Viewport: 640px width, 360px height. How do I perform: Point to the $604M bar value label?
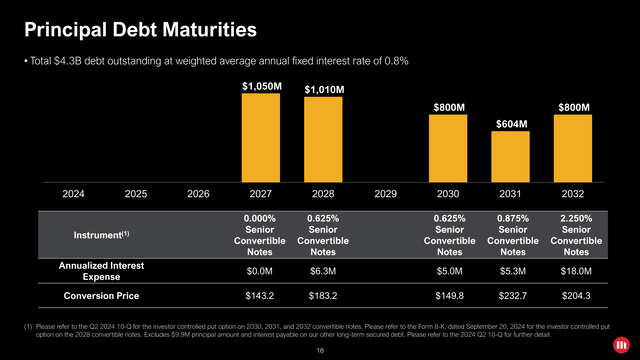tap(511, 123)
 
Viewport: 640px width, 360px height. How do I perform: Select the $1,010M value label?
tap(325, 91)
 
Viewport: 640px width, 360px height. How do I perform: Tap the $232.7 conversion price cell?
tap(511, 295)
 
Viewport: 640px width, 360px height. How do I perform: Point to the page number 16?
tap(320, 351)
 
